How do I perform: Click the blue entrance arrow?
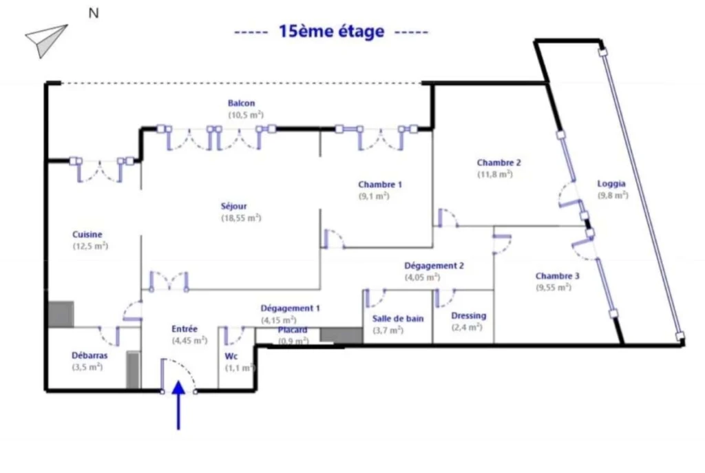click(x=178, y=405)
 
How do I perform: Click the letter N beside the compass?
click(x=94, y=13)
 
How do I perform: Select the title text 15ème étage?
click(x=331, y=31)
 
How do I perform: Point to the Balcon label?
click(x=242, y=103)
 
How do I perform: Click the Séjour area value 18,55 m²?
click(x=241, y=218)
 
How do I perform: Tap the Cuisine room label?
click(x=87, y=234)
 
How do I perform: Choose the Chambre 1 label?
click(x=380, y=185)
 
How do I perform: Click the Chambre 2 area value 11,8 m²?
click(x=495, y=174)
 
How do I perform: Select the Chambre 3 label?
click(x=558, y=275)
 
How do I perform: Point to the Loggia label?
click(x=611, y=184)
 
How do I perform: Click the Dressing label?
click(x=468, y=315)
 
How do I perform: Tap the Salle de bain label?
click(x=398, y=318)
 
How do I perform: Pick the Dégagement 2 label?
click(x=434, y=266)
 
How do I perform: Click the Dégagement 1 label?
click(x=290, y=308)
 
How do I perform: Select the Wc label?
click(x=231, y=356)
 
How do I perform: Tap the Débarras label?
click(x=90, y=355)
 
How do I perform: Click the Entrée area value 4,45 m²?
click(x=189, y=340)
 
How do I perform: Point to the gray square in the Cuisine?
click(x=61, y=314)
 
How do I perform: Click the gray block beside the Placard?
click(x=341, y=335)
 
